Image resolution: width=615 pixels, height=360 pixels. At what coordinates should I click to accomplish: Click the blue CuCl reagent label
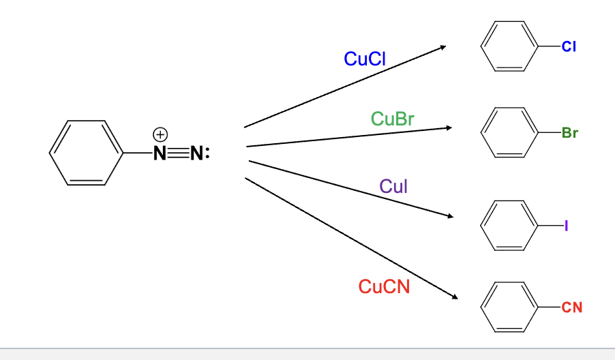[365, 59]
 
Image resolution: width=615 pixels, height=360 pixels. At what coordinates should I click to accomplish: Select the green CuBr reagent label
[393, 119]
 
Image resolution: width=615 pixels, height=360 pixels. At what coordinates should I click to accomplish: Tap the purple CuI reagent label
[393, 186]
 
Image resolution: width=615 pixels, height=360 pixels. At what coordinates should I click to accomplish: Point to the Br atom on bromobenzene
[569, 133]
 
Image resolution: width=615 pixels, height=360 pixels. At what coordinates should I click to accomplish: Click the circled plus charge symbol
[160, 133]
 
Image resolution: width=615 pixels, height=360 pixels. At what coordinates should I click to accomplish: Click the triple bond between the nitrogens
[179, 153]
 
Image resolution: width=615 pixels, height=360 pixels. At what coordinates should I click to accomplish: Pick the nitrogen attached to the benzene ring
[160, 153]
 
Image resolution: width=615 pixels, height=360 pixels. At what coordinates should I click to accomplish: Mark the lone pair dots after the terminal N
[207, 153]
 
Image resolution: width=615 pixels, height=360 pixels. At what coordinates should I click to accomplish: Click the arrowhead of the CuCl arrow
[442, 47]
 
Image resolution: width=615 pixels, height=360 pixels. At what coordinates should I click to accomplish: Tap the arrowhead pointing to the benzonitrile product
[453, 297]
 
